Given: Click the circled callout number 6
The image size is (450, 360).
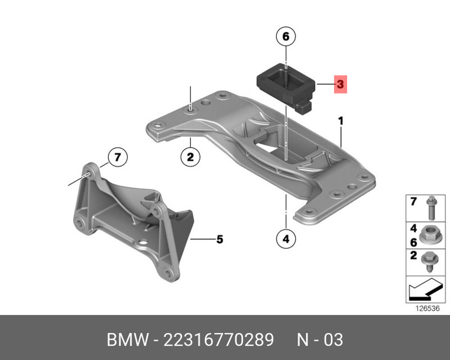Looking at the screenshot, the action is (286, 36).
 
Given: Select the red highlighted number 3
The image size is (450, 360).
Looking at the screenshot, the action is (340, 84).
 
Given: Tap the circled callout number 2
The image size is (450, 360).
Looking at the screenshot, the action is (190, 157).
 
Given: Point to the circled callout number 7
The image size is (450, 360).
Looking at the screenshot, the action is (117, 157).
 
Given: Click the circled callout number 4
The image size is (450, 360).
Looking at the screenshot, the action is (286, 238).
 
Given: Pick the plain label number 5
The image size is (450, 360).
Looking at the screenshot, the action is (220, 239).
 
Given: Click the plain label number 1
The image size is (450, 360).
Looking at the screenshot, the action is (341, 121).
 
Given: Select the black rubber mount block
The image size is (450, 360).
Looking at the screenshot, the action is (286, 88).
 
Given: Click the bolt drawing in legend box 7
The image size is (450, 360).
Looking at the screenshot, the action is (431, 208).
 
